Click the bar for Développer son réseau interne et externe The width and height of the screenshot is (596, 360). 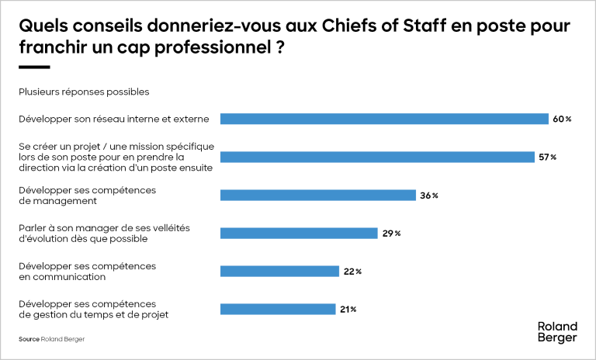tap(384, 119)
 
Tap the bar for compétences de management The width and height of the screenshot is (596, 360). tap(318, 195)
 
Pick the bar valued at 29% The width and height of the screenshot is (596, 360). tap(299, 233)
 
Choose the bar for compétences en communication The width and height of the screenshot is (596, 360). tap(279, 271)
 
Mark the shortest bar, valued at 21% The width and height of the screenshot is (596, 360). tap(277, 309)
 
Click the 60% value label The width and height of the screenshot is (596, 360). tap(562, 119)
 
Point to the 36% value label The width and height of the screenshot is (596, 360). tap(429, 196)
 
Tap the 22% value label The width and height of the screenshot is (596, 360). tap(352, 272)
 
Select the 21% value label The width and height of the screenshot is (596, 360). tap(348, 310)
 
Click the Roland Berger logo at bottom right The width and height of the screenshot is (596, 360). tap(557, 332)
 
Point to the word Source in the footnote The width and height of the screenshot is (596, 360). tap(29, 339)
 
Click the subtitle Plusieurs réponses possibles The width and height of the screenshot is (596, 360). tap(84, 92)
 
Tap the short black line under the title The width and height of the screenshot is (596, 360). tap(33, 67)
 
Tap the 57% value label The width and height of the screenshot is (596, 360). tap(548, 157)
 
